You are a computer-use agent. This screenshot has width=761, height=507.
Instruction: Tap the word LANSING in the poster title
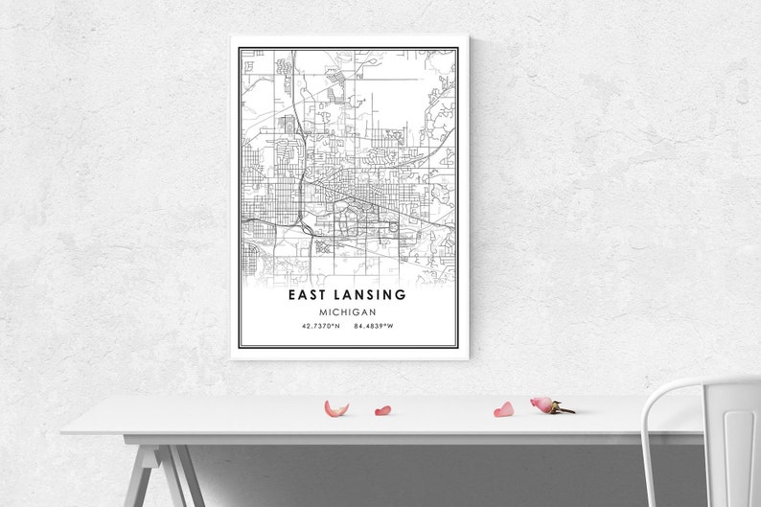[x=372, y=295]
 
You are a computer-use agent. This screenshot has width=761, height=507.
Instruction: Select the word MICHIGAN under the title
[x=349, y=312]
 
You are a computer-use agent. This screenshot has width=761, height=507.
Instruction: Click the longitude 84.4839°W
[x=374, y=327]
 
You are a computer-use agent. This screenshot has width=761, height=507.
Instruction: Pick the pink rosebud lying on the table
[x=542, y=404]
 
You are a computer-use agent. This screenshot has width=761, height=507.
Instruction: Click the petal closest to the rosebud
[x=504, y=409]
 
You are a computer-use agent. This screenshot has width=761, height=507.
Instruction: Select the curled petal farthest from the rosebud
[x=336, y=408]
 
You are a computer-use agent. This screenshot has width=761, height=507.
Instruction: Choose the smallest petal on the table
[x=382, y=410]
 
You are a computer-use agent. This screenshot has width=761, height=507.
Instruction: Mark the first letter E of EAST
[x=292, y=295]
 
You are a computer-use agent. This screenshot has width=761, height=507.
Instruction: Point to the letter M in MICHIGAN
[x=324, y=312]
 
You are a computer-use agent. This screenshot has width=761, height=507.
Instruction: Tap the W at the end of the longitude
[x=392, y=327]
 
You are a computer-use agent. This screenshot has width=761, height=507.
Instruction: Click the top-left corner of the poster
[x=232, y=37]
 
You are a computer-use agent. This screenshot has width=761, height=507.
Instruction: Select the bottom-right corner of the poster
[x=468, y=358]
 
